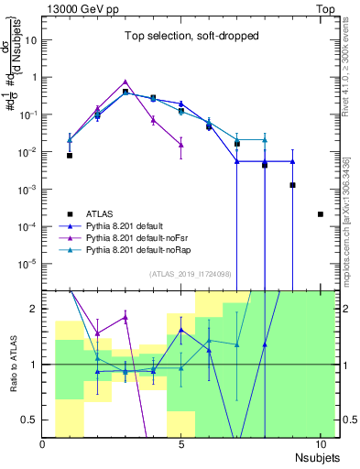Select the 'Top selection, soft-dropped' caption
coord(191,37)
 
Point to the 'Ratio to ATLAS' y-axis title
coord(12,363)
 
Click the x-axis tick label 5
coord(181,443)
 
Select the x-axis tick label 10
coord(320,443)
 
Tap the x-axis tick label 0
coord(43,443)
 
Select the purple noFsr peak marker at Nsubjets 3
coord(125,82)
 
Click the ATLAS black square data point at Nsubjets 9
coord(292,185)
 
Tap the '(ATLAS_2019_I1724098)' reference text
coord(190,274)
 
